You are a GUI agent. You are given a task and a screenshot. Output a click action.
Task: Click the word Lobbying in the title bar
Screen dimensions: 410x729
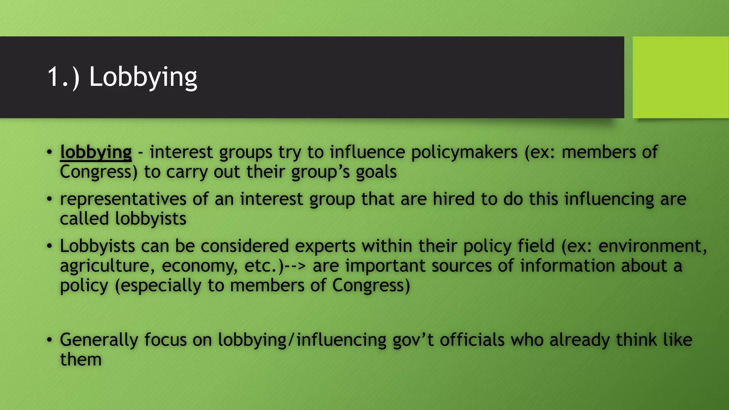[143, 77]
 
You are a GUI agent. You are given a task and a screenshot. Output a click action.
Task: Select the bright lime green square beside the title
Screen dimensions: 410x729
[681, 77]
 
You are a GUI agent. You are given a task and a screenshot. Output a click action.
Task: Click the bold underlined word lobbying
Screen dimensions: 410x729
[96, 153]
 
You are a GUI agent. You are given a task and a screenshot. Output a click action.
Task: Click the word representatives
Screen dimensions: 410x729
[123, 199]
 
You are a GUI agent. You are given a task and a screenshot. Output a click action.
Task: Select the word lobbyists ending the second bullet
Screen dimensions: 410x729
[151, 219]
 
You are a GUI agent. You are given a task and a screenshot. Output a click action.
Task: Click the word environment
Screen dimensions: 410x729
[652, 246]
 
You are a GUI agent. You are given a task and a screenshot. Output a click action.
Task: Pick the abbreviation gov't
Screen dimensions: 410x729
[413, 340]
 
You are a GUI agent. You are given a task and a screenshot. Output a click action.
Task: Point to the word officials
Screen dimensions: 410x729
[472, 340]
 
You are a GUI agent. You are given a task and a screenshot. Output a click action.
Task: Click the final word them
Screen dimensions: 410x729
[81, 360]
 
